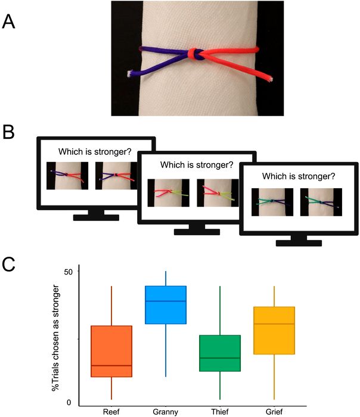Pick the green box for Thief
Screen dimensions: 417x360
pyautogui.click(x=220, y=353)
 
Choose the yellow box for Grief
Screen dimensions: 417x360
pyautogui.click(x=274, y=331)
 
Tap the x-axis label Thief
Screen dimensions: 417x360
pyautogui.click(x=220, y=411)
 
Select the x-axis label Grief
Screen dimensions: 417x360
pyautogui.click(x=274, y=411)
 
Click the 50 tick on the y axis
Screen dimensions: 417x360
pyautogui.click(x=68, y=272)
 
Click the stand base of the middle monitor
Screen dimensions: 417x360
pyautogui.click(x=190, y=230)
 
